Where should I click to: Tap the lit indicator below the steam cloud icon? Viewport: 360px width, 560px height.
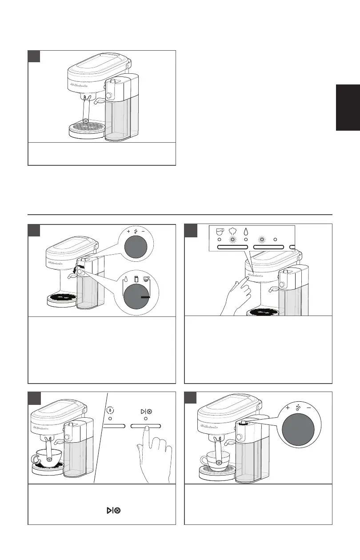pos(232,240)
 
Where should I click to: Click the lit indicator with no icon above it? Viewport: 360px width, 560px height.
pos(262,240)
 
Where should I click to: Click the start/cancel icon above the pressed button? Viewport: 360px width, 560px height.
pos(146,409)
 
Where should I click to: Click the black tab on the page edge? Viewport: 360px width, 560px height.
pos(348,108)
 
